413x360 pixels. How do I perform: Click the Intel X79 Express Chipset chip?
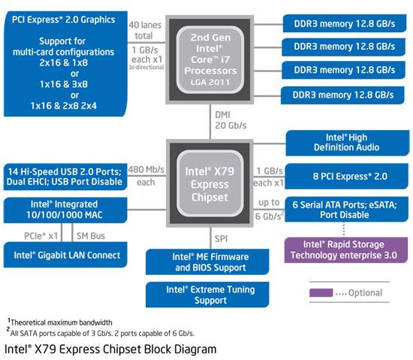point(210,183)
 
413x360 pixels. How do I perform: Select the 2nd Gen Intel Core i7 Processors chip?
point(210,59)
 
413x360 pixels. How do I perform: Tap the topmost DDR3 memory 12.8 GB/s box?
point(345,23)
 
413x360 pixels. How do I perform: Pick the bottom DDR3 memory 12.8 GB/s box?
point(342,95)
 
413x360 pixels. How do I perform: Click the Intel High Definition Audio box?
point(348,143)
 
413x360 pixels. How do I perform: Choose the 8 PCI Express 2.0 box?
point(346,176)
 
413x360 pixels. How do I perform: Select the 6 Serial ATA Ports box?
point(346,209)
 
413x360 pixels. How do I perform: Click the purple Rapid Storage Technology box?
point(346,250)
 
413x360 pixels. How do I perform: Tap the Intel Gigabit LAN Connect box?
point(65,255)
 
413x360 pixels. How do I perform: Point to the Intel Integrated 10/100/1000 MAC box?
point(65,210)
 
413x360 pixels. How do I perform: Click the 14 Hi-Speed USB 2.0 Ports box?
point(65,177)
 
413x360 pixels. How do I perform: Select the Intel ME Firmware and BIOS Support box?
point(207,262)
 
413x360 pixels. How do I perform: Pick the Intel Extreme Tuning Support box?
point(207,295)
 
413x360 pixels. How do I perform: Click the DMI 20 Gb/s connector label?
point(231,120)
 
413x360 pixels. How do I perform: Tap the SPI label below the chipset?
point(221,239)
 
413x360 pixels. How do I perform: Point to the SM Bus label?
point(91,236)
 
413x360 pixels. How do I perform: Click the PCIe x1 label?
point(41,236)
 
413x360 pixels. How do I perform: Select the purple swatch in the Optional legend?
point(321,293)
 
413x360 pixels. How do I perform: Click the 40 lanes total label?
point(145,30)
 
